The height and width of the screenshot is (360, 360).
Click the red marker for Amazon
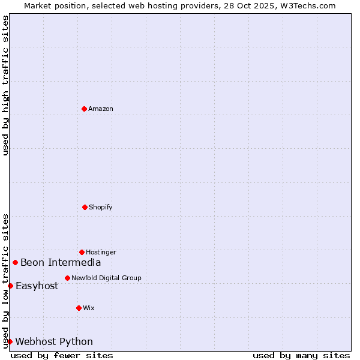[x=84, y=109]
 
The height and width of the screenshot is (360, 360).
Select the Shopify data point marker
[x=85, y=207]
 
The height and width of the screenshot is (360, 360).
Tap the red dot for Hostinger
[x=82, y=252]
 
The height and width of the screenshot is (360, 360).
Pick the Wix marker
[x=79, y=308]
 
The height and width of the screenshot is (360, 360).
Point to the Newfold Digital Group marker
[x=67, y=278]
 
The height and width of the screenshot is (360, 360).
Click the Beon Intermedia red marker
[x=15, y=262]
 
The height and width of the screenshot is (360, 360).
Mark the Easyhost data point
[x=10, y=286]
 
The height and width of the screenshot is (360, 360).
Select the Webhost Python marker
[x=10, y=341]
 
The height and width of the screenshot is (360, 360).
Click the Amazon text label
[x=101, y=109]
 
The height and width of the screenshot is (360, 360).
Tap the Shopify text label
[x=101, y=207]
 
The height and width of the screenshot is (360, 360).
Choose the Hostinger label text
[x=101, y=252]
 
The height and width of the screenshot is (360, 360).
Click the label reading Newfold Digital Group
[x=106, y=278]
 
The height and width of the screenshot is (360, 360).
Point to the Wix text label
[x=89, y=308]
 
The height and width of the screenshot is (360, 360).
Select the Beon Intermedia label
[x=61, y=262]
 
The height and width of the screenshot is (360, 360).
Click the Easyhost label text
[x=37, y=286]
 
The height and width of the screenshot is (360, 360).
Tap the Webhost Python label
[x=54, y=341]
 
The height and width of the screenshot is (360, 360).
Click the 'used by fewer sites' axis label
[x=62, y=355]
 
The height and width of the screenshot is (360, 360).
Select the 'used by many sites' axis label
[x=301, y=355]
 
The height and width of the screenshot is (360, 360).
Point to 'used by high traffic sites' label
[x=5, y=85]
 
